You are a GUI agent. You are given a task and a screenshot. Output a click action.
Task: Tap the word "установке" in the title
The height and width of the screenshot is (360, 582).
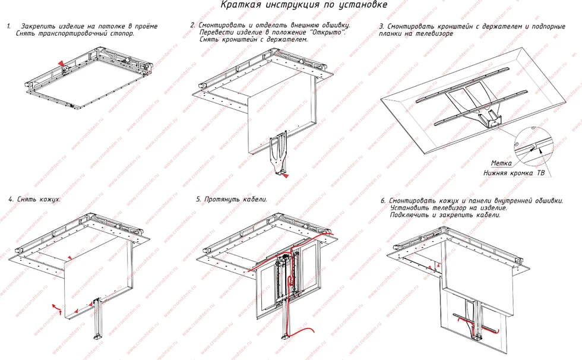pyautogui.click(x=367, y=5)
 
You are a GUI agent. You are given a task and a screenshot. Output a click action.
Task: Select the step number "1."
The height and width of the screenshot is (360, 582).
pyautogui.click(x=9, y=26)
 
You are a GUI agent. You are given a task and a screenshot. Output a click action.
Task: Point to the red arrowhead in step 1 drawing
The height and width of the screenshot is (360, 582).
pyautogui.click(x=61, y=64)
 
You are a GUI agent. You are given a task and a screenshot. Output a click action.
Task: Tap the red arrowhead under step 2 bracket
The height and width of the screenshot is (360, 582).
pyautogui.click(x=285, y=176)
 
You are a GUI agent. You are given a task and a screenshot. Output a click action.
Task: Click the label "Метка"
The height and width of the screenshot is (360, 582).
pyautogui.click(x=501, y=163)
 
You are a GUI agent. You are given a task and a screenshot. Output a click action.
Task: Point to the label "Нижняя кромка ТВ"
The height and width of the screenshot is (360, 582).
pyautogui.click(x=514, y=173)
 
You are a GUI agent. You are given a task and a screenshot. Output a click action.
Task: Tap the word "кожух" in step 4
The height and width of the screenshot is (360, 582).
pyautogui.click(x=49, y=199)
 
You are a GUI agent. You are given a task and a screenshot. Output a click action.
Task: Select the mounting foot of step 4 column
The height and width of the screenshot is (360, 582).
pyautogui.click(x=98, y=336)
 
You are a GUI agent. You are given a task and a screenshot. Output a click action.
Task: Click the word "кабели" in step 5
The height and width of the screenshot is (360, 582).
pyautogui.click(x=255, y=199)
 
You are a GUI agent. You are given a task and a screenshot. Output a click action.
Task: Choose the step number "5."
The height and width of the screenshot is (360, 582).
pyautogui.click(x=198, y=199)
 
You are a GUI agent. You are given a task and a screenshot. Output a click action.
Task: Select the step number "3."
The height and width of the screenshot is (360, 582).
pyautogui.click(x=381, y=27)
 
